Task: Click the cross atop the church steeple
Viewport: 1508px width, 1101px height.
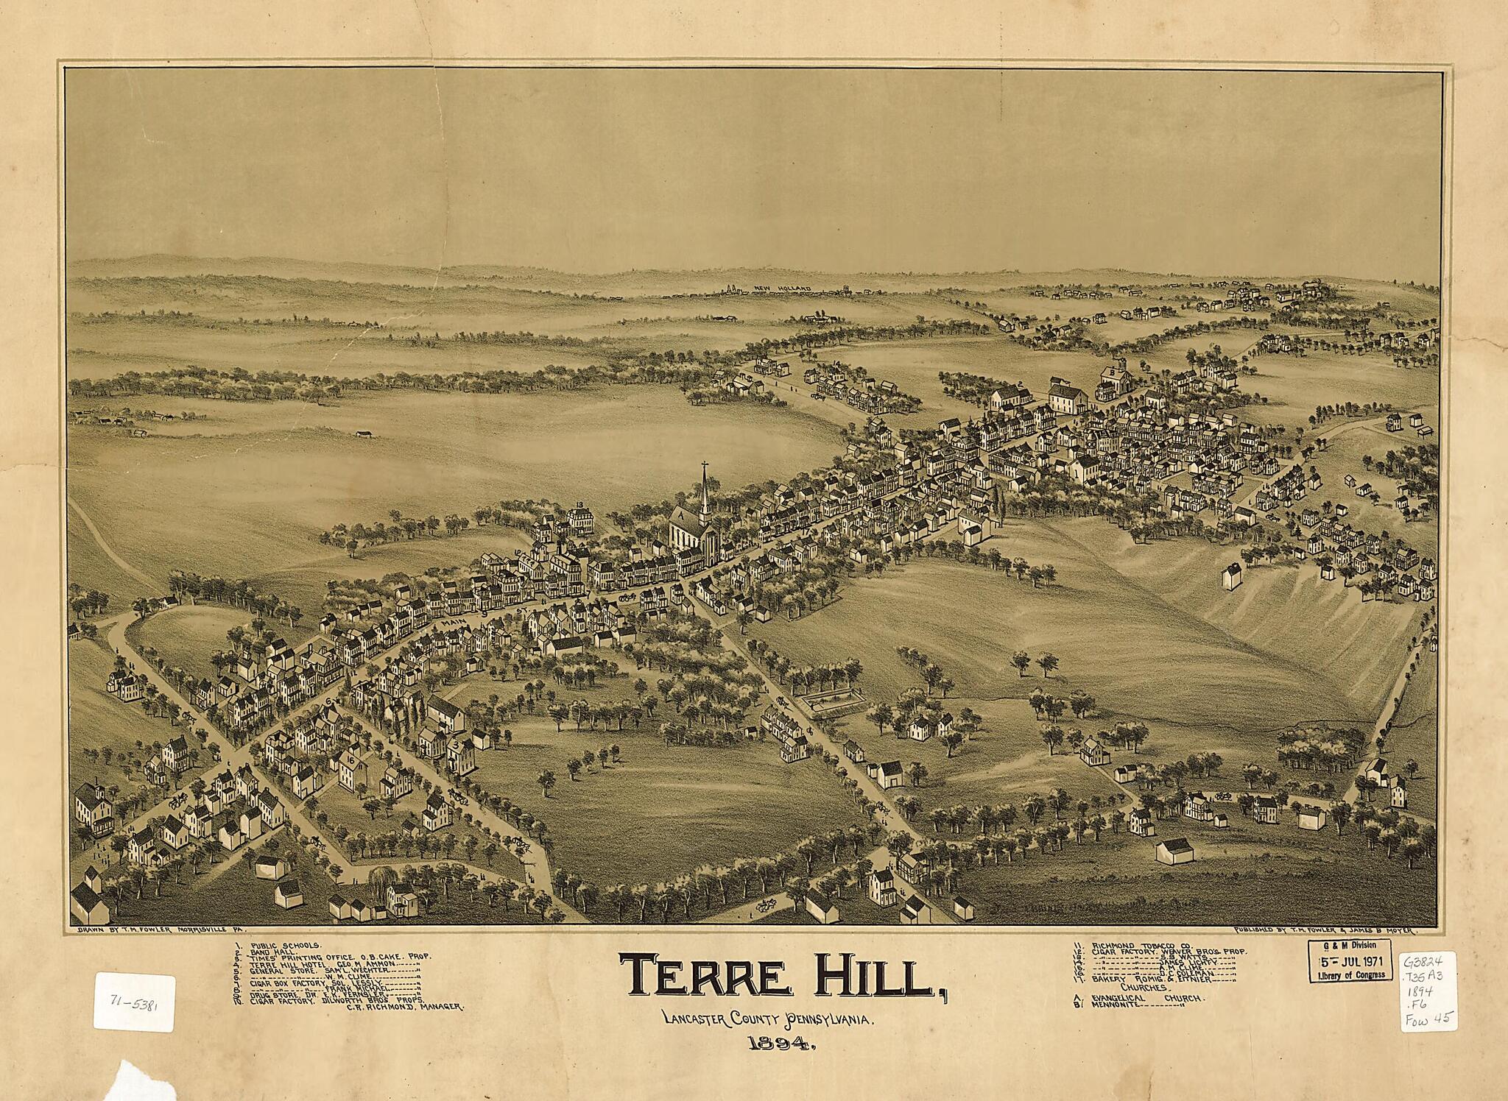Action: coord(705,465)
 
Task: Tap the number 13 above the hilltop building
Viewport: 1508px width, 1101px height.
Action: coord(581,504)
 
